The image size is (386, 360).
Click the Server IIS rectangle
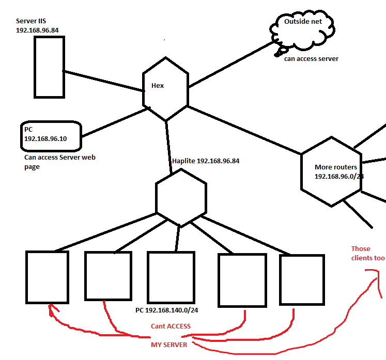pyautogui.click(x=35, y=67)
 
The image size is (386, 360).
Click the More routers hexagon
pyautogui.click(x=301, y=172)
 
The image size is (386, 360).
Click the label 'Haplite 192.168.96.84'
pyautogui.click(x=206, y=161)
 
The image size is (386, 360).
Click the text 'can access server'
pyautogui.click(x=311, y=59)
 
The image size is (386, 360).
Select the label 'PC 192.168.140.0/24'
pyautogui.click(x=167, y=310)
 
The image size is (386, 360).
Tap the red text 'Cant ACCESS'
pyautogui.click(x=171, y=326)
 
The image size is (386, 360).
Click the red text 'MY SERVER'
pyautogui.click(x=169, y=345)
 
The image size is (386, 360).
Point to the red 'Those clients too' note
pyautogui.click(x=368, y=253)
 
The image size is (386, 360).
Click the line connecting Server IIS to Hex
pyautogui.click(x=103, y=81)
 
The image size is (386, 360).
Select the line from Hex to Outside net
pyautogui.click(x=231, y=64)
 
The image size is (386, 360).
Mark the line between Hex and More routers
pyautogui.click(x=244, y=130)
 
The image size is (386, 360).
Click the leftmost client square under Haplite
pyautogui.click(x=26, y=277)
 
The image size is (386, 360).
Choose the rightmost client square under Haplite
pyautogui.click(x=280, y=280)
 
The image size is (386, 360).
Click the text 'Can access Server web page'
pyautogui.click(x=60, y=162)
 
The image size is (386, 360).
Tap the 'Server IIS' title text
pyautogui.click(x=31, y=21)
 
